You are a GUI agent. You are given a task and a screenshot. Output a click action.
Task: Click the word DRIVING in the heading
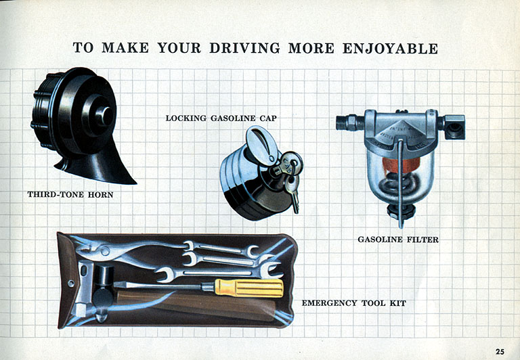[244, 49]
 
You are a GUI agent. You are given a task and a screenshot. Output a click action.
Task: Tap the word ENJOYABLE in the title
[390, 49]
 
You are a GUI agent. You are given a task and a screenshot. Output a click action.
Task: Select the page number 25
[500, 351]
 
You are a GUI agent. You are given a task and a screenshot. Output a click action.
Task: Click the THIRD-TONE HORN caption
[70, 195]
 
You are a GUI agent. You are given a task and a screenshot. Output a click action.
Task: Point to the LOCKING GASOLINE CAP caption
[221, 118]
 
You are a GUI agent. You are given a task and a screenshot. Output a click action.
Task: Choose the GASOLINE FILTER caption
[398, 240]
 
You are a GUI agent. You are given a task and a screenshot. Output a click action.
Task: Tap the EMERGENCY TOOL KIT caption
[354, 303]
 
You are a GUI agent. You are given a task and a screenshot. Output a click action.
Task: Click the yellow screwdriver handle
[249, 288]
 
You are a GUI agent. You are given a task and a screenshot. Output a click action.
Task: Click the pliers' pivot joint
[105, 250]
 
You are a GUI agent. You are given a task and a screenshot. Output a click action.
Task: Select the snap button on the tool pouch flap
[71, 284]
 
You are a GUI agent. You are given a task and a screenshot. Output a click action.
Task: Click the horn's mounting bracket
[100, 166]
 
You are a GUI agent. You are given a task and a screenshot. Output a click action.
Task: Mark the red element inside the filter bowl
[401, 164]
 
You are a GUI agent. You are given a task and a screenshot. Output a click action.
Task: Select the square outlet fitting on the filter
[454, 127]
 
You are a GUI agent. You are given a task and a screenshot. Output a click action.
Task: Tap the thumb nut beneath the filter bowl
[401, 211]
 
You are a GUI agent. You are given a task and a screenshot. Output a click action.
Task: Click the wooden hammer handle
[196, 305]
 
